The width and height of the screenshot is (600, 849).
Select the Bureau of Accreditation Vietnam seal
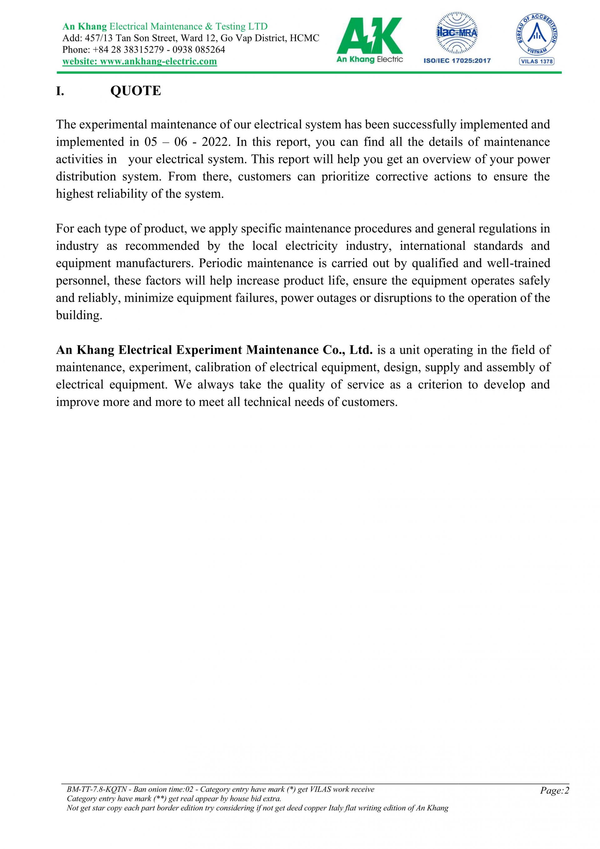point(537,34)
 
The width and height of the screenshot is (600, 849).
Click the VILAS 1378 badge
point(537,61)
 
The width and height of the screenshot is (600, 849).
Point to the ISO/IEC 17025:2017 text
point(457,61)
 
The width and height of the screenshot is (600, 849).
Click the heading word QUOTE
point(136,91)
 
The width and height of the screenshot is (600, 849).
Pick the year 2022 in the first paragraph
point(215,142)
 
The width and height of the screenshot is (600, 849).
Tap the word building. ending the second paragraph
point(79,316)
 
